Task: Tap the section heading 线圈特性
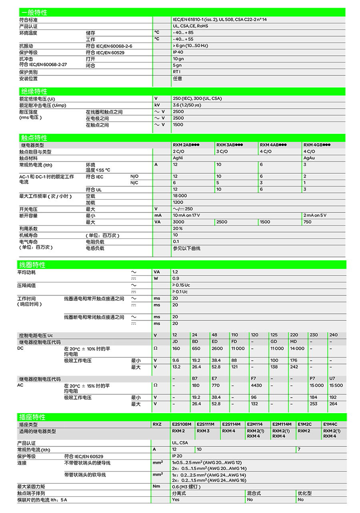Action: [34, 265]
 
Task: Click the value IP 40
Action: [178, 52]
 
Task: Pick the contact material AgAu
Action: [310, 158]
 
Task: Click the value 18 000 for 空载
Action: [180, 196]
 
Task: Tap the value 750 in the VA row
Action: [308, 222]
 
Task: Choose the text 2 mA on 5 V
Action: [315, 215]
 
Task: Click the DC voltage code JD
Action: [175, 342]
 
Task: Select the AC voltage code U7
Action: [332, 378]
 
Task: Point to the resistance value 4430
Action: [256, 385]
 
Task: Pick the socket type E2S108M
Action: [182, 424]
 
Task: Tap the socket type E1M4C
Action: [330, 424]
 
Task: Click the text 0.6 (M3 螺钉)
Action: [186, 487]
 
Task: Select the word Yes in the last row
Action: [176, 499]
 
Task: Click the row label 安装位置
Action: [28, 78]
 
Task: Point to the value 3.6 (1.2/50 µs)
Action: [187, 105]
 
